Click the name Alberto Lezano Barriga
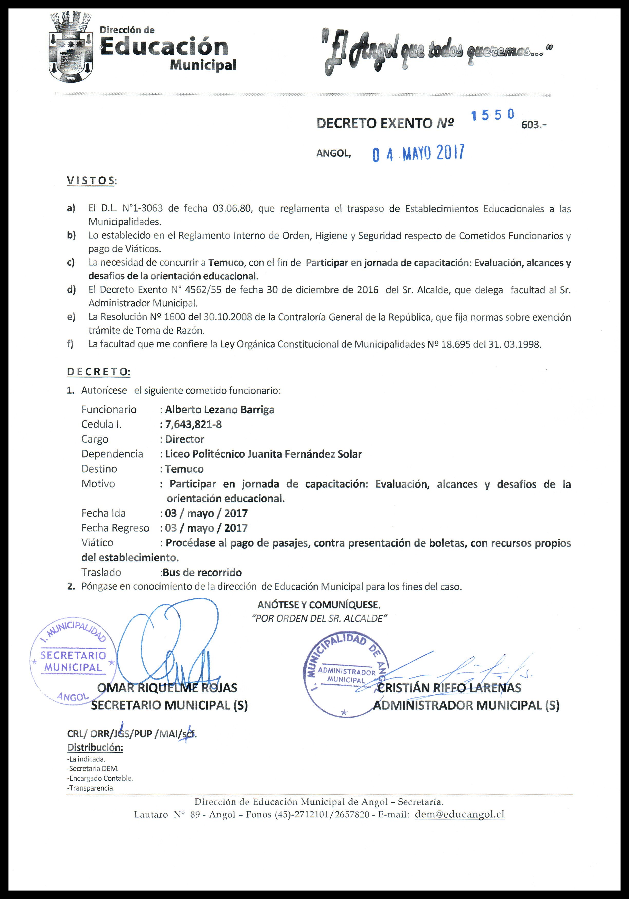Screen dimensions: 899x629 pyautogui.click(x=219, y=409)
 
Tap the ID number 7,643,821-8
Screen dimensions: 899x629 pyautogui.click(x=193, y=424)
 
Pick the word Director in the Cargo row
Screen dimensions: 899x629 pyautogui.click(x=184, y=439)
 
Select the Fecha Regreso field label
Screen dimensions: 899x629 pyautogui.click(x=115, y=528)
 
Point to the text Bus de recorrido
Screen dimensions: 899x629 pyautogui.click(x=202, y=572)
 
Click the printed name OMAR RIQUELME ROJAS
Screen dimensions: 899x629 pyautogui.click(x=167, y=688)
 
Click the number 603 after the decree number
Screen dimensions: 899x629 pyautogui.click(x=533, y=125)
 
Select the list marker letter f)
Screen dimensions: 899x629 pyautogui.click(x=70, y=344)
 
